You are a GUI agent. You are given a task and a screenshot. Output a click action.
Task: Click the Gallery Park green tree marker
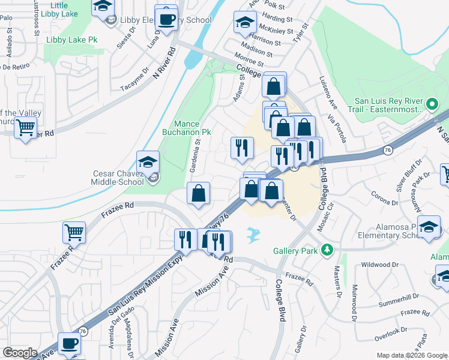(x=327, y=249)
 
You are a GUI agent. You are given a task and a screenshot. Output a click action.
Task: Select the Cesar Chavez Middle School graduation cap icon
(x=148, y=162)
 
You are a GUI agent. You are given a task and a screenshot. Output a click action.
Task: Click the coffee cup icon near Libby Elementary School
(x=166, y=18)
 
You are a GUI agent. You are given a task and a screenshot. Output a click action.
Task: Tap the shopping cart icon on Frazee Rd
(x=74, y=232)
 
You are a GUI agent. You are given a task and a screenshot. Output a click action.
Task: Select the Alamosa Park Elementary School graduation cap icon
(x=429, y=227)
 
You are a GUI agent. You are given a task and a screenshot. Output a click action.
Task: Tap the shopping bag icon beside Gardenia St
(x=198, y=193)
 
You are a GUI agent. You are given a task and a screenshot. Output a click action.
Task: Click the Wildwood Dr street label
(x=379, y=264)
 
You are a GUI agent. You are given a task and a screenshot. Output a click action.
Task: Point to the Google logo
(x=20, y=353)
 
